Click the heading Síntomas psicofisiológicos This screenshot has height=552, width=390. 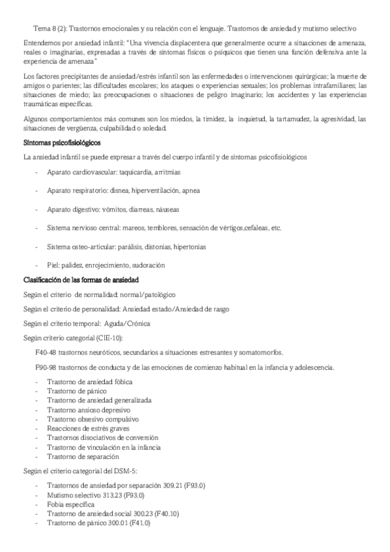click(x=61, y=143)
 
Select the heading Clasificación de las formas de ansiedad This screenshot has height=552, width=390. click(x=81, y=280)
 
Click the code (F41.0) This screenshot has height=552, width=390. click(x=140, y=523)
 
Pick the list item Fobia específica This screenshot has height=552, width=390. click(x=71, y=504)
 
